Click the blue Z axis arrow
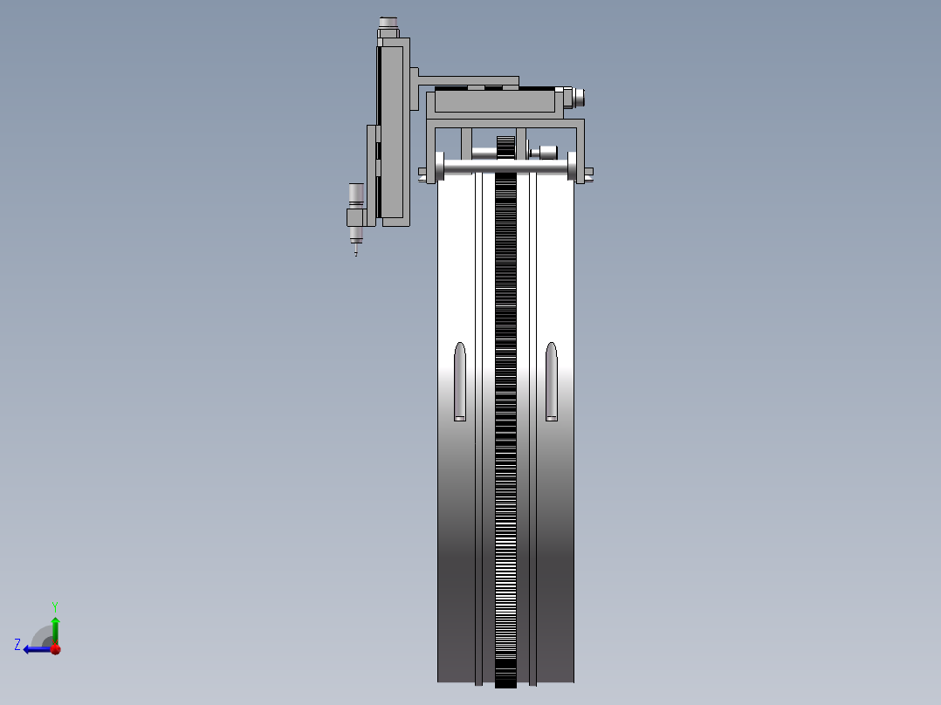[35, 648]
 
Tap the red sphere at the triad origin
[55, 648]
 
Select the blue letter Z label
[17, 645]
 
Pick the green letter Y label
[54, 606]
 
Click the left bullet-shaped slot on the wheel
[460, 382]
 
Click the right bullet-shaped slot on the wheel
[552, 382]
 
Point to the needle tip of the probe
[355, 252]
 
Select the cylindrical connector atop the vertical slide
[388, 24]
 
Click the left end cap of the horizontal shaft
[437, 166]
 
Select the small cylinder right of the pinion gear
[546, 153]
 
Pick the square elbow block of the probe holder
[356, 216]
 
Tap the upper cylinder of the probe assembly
[356, 194]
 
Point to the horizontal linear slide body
[495, 102]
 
